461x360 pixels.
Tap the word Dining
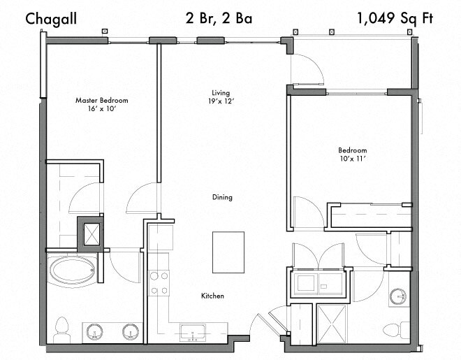(222, 197)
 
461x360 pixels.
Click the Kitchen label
(212, 296)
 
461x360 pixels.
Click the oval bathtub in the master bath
(74, 270)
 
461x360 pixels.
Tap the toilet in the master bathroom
(61, 327)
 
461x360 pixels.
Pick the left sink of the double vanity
(94, 331)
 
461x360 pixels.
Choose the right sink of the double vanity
(130, 331)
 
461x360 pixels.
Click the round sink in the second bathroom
(399, 296)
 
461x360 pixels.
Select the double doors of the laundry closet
(317, 253)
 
